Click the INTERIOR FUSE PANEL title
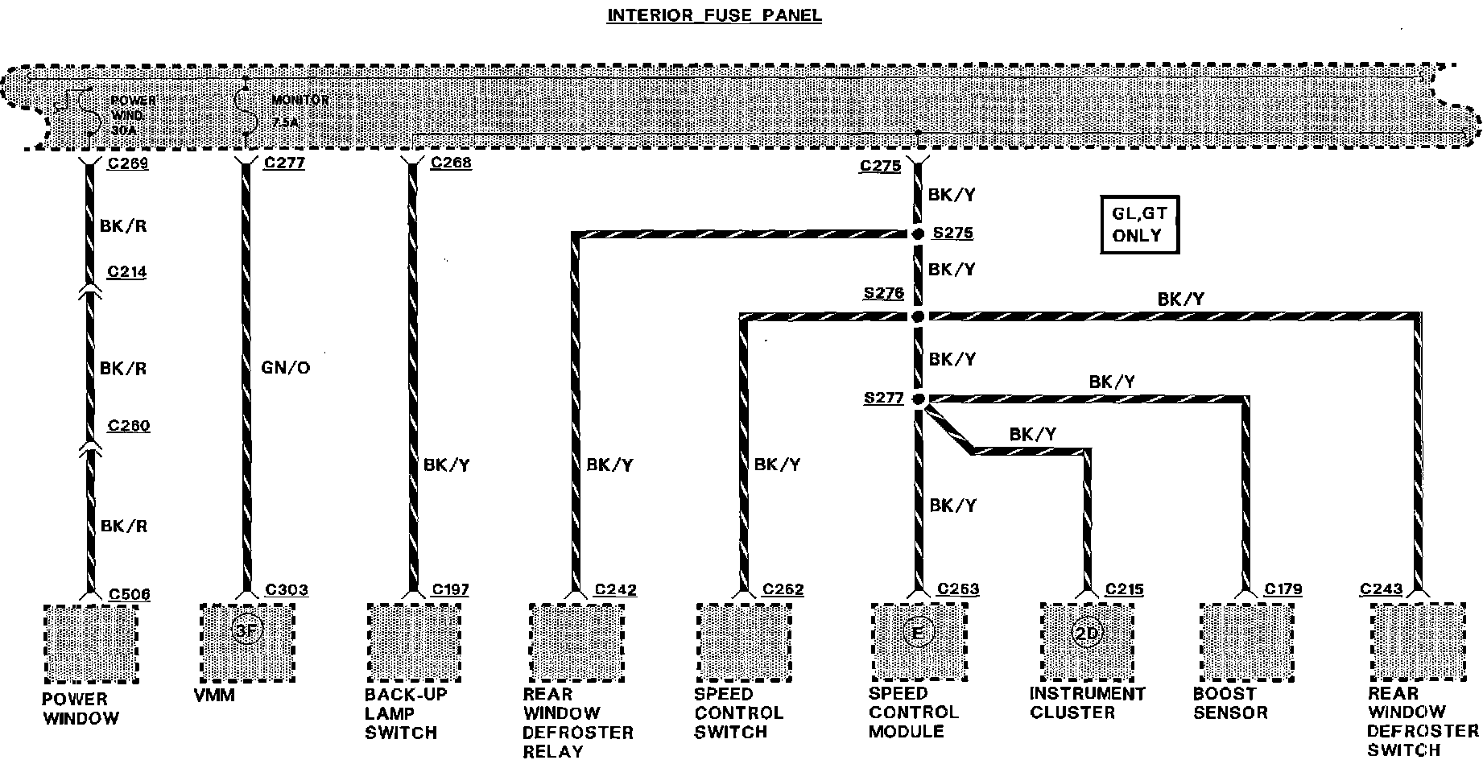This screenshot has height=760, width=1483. point(714,15)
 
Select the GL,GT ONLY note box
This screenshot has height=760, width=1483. point(1138,225)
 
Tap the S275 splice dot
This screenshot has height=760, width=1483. point(917,234)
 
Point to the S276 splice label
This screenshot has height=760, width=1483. point(883,293)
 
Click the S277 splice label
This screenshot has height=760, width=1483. point(883,398)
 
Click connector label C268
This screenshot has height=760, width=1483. point(451,163)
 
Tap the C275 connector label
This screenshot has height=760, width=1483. point(880,166)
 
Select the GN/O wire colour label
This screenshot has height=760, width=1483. point(285,368)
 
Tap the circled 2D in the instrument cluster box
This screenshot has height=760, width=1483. point(1086,634)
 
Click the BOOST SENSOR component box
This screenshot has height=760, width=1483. point(1246,640)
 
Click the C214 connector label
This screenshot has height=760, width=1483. point(127,272)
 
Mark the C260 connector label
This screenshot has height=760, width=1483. point(128,425)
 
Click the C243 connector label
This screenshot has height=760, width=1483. point(1381,589)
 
